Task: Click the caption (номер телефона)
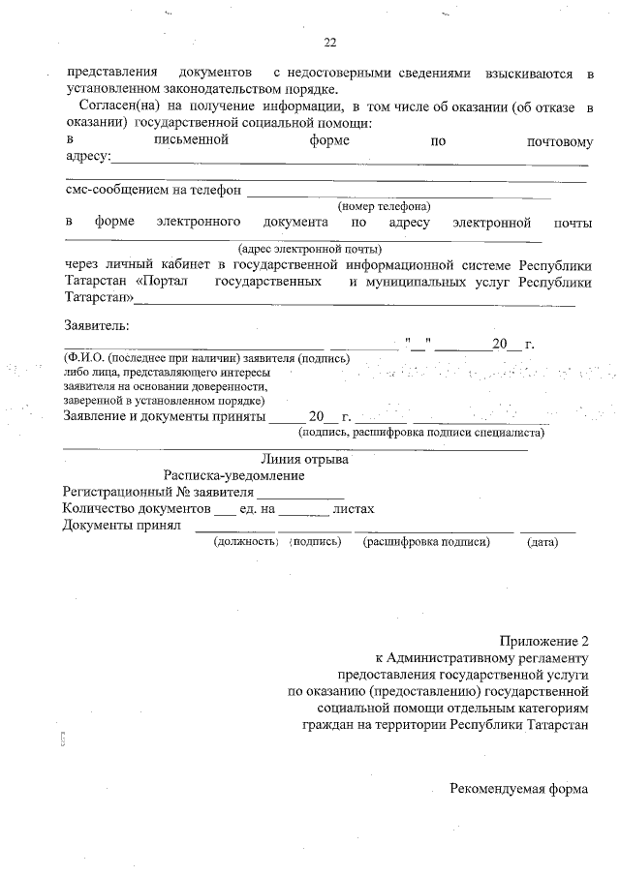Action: [x=383, y=206]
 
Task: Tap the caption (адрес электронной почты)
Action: [x=302, y=248]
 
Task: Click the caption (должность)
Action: [x=246, y=542]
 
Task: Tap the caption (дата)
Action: [x=542, y=542]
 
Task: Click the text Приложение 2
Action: [x=544, y=641]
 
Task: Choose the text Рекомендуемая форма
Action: [x=518, y=788]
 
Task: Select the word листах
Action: [x=353, y=508]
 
